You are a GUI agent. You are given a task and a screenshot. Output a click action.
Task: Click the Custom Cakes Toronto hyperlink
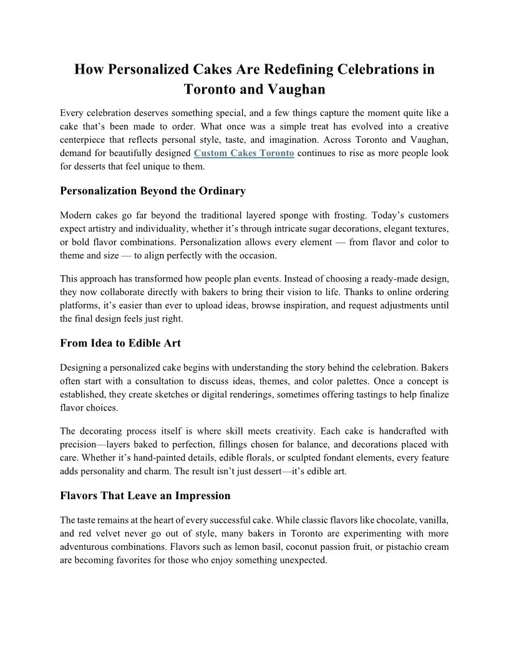point(244,153)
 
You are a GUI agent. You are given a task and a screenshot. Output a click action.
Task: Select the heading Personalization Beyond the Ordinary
point(152,191)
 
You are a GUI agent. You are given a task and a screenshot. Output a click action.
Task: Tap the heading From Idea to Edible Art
point(120,343)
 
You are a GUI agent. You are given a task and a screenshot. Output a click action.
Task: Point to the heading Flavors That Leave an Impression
point(145,496)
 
